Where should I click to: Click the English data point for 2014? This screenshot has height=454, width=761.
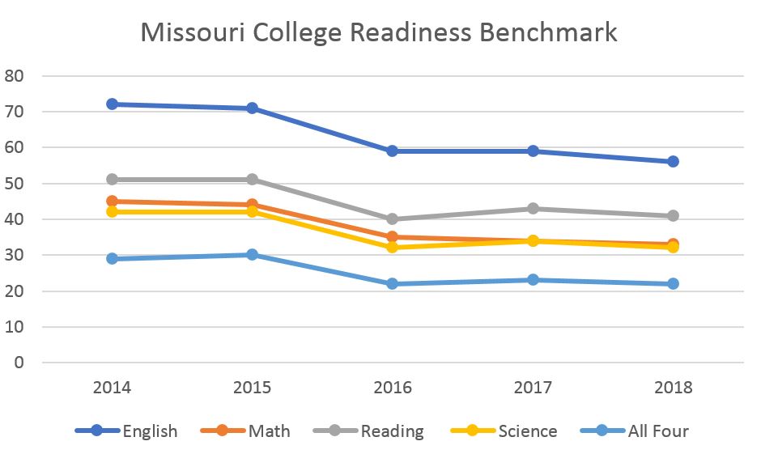[x=112, y=104]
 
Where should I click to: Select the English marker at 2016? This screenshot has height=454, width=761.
[x=392, y=151]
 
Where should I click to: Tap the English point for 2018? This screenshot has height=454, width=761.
[x=673, y=161]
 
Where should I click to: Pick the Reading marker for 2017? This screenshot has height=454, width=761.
[x=533, y=209]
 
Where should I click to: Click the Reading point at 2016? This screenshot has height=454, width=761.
[x=392, y=219]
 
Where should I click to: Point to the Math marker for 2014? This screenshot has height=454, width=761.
[x=112, y=202]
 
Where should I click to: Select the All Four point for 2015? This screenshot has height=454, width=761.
[x=252, y=254]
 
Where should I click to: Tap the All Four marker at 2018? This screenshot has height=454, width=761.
[x=673, y=283]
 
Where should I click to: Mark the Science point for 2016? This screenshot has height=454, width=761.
[x=392, y=247]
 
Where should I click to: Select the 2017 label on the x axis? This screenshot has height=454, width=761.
[x=533, y=387]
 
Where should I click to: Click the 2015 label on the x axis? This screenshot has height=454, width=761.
[x=252, y=387]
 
